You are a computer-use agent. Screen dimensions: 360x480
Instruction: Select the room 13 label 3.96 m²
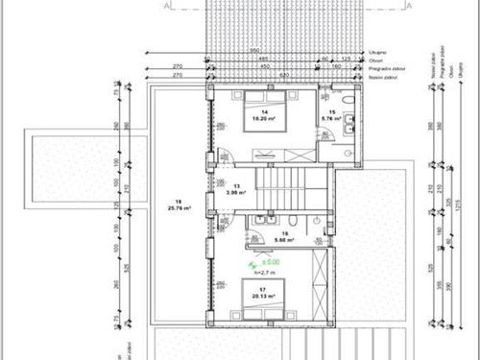234,191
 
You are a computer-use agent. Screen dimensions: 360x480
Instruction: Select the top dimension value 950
254,50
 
